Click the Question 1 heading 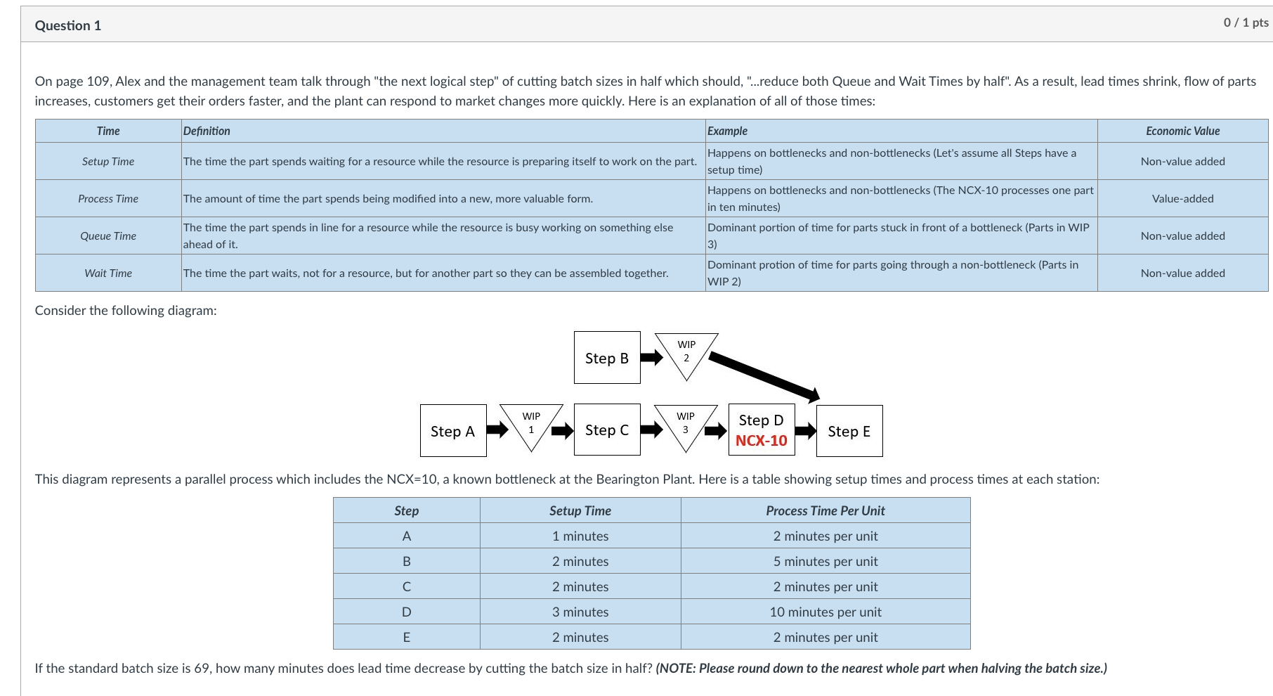pos(68,25)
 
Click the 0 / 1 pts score pos(1246,22)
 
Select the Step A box pos(453,431)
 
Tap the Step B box pos(607,358)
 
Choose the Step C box pos(607,430)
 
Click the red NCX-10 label pos(761,441)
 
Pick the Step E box pos(849,431)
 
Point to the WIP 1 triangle pos(531,423)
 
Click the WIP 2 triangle pos(686,352)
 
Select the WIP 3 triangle pos(685,423)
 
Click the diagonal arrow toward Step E pos(764,378)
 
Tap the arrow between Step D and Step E pos(805,430)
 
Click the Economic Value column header pos(1182,131)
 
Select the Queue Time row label pos(108,236)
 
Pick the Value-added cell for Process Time pos(1182,198)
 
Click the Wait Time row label pos(108,273)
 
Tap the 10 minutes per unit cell pos(825,612)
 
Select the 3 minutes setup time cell pos(580,612)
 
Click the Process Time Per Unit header pos(825,510)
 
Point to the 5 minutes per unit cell pos(825,561)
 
